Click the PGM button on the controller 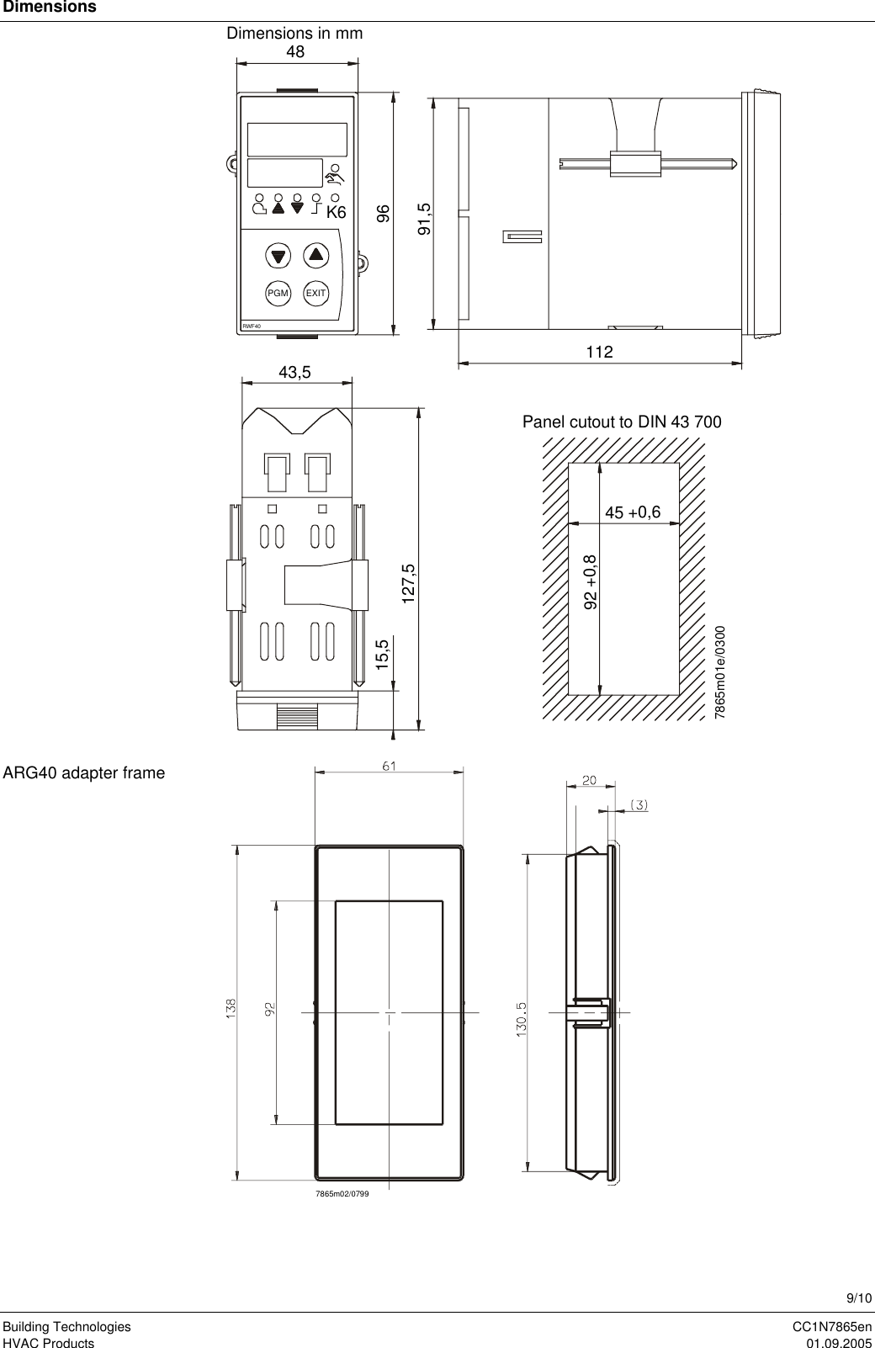[x=278, y=293]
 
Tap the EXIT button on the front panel [x=316, y=293]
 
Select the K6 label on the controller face [x=336, y=213]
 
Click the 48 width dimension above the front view [x=295, y=51]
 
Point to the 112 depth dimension [x=600, y=352]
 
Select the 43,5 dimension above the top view [x=295, y=372]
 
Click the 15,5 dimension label [x=383, y=655]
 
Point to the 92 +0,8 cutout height [x=591, y=581]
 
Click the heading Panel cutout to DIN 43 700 [x=622, y=422]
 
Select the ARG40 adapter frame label [x=83, y=772]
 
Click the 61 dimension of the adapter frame [x=389, y=766]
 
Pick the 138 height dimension [x=230, y=1009]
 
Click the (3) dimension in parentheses [x=639, y=804]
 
